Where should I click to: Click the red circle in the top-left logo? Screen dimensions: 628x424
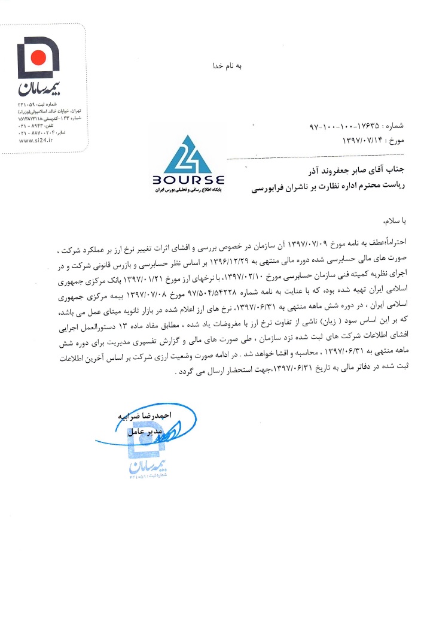coord(38,57)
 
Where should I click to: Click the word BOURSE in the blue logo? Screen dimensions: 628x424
coord(188,180)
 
